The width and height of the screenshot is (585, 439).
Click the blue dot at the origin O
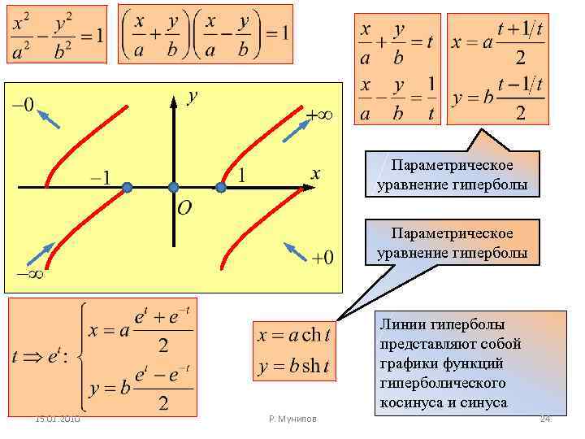[173, 187]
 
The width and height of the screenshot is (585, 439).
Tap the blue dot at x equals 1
[220, 188]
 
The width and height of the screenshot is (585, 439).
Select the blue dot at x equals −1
[127, 188]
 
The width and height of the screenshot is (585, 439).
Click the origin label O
[184, 209]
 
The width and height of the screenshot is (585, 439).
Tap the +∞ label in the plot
[324, 115]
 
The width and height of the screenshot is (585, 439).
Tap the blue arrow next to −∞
[40, 254]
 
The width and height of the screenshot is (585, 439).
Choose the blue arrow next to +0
[296, 253]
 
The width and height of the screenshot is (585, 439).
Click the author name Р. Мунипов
[292, 419]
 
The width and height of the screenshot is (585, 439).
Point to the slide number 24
[545, 418]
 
